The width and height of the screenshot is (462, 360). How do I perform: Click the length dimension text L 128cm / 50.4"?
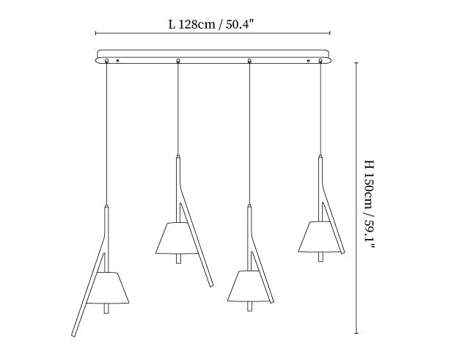(x=211, y=24)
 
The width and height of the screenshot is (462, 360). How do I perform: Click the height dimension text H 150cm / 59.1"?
(x=369, y=205)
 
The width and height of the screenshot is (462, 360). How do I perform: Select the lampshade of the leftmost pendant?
(x=109, y=288)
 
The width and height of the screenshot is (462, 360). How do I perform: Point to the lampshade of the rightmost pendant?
(x=320, y=237)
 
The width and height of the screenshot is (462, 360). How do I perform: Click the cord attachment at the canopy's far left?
(x=106, y=61)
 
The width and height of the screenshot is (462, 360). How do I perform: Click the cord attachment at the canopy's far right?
(x=320, y=61)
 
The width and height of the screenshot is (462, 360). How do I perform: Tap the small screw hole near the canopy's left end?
(x=117, y=61)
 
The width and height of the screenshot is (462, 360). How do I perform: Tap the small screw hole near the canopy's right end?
(x=309, y=61)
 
